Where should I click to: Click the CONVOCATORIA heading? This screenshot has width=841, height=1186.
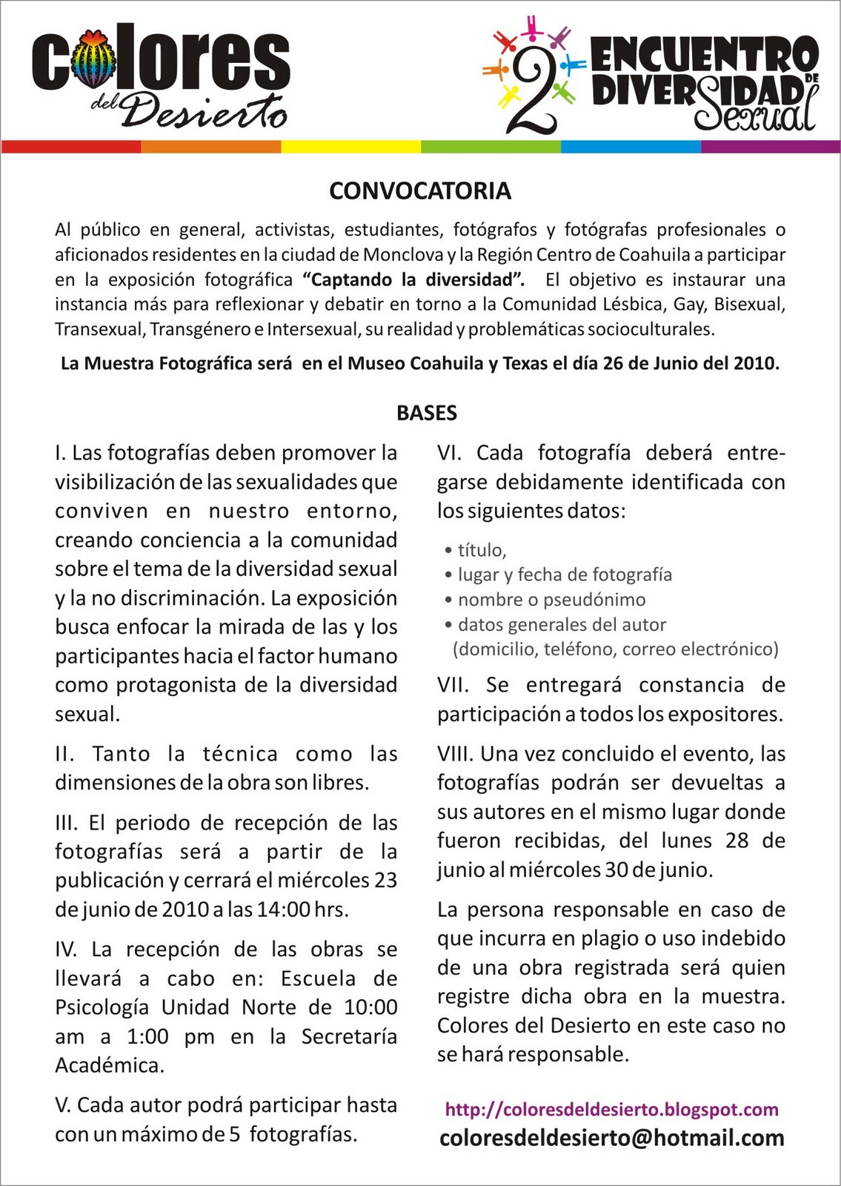click(x=420, y=191)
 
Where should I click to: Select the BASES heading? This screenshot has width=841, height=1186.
click(x=427, y=413)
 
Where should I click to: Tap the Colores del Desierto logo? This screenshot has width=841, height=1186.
click(x=161, y=76)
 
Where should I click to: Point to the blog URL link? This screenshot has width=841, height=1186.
click(x=611, y=1110)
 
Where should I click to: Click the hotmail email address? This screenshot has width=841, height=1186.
click(x=611, y=1138)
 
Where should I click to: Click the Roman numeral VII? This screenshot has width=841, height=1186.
click(x=453, y=685)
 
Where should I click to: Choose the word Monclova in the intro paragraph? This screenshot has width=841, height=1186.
click(x=403, y=254)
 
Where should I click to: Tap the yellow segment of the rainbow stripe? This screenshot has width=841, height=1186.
click(x=350, y=147)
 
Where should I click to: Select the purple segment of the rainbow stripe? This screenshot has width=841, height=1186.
click(x=770, y=147)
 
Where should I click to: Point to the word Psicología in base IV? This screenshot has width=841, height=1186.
click(x=104, y=1007)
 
